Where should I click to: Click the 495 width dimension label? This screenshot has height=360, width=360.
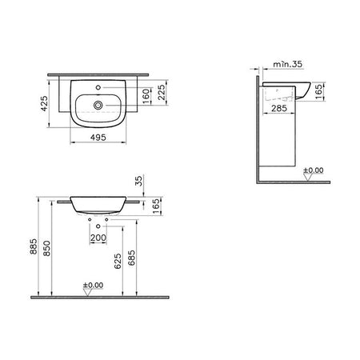click(x=98, y=138)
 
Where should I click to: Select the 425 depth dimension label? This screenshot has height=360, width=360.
click(x=44, y=103)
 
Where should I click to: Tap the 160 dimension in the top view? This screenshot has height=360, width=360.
click(x=146, y=96)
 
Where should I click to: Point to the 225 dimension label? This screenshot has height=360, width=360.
click(x=162, y=92)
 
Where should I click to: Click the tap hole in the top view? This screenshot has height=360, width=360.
click(x=98, y=87)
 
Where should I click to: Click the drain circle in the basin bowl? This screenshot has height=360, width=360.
click(x=98, y=105)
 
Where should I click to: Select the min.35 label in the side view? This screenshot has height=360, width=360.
click(x=288, y=64)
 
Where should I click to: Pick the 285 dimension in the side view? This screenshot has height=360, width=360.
click(x=279, y=108)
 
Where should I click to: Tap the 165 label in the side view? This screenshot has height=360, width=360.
click(x=319, y=91)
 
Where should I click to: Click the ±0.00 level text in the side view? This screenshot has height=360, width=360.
click(x=314, y=170)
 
